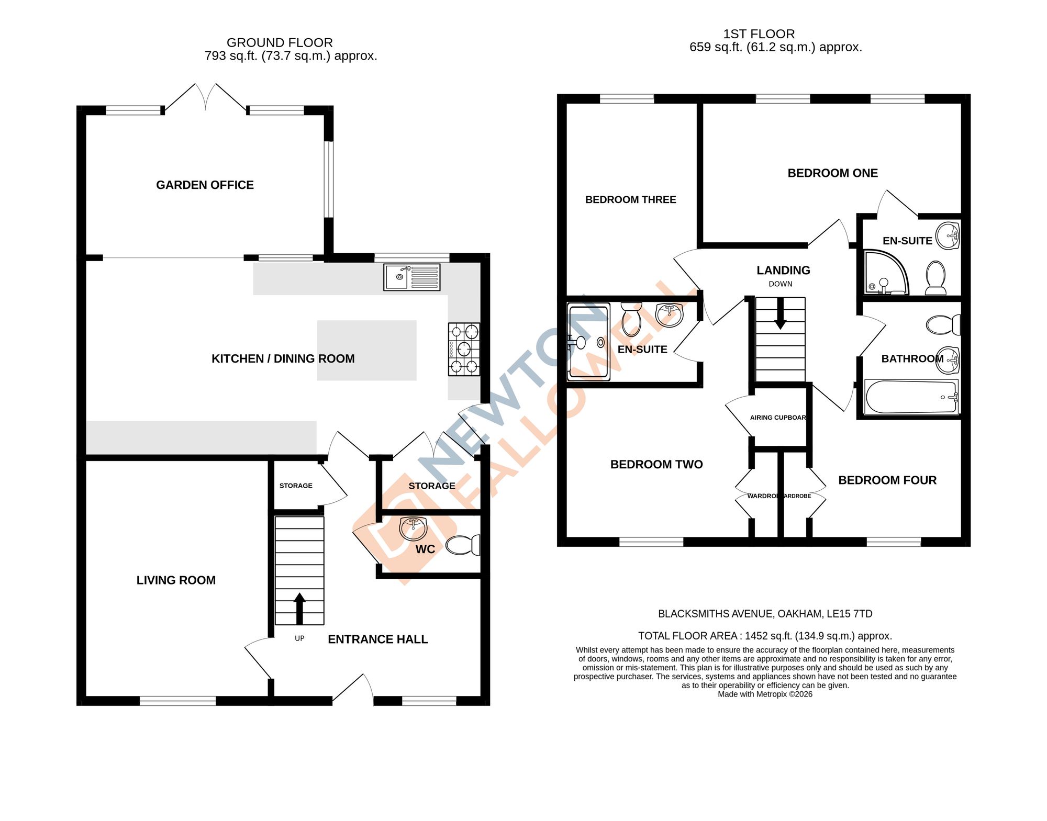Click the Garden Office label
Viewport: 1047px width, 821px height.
click(x=205, y=185)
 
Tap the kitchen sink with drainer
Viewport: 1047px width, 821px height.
click(x=411, y=277)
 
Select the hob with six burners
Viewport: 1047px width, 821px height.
click(x=464, y=349)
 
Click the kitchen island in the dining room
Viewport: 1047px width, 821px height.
click(x=366, y=350)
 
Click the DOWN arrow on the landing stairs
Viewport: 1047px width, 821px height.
click(x=780, y=314)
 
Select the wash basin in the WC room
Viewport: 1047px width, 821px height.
click(x=414, y=528)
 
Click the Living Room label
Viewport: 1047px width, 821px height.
click(x=176, y=580)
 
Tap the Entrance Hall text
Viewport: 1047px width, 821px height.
click(x=377, y=639)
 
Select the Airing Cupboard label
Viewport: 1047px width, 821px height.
click(x=778, y=418)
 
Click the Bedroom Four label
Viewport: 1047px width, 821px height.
click(x=887, y=480)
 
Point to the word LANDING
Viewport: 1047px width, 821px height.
click(x=783, y=270)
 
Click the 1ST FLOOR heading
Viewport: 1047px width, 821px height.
click(x=759, y=34)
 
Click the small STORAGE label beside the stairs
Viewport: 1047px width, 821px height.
click(x=296, y=486)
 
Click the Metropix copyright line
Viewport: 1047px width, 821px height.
click(x=765, y=694)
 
